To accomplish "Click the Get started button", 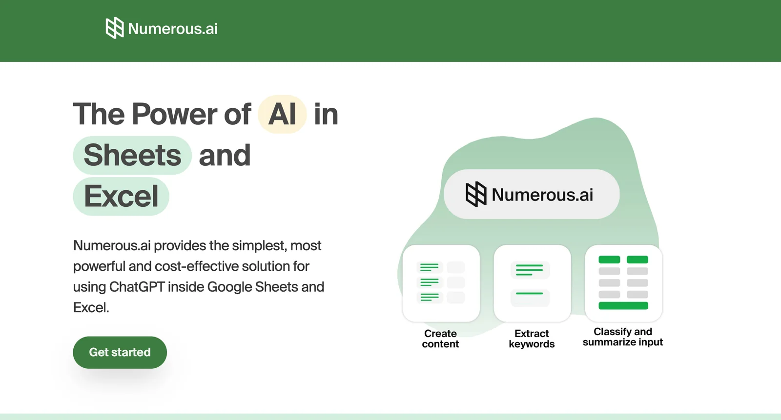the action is [x=120, y=352].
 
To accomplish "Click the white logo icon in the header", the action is [x=115, y=28].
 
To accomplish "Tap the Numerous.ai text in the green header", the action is [x=173, y=29].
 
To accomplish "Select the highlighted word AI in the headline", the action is [x=282, y=114].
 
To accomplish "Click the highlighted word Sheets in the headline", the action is [x=132, y=155].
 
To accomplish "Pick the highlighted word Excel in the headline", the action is [x=121, y=196].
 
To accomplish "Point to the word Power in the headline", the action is [x=174, y=114].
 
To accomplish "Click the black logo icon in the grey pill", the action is [x=476, y=194].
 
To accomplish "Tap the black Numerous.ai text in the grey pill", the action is [x=542, y=195].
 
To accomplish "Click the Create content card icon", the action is [x=441, y=283].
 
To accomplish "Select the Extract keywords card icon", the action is [x=532, y=283].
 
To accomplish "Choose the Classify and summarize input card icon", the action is [x=623, y=283].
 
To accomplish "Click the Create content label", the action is [x=440, y=339].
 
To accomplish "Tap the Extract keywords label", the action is [x=532, y=339].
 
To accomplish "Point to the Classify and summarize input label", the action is [x=623, y=337].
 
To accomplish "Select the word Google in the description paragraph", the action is [x=229, y=287].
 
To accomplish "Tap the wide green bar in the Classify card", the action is [x=623, y=306].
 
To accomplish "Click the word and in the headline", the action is [x=225, y=155].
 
